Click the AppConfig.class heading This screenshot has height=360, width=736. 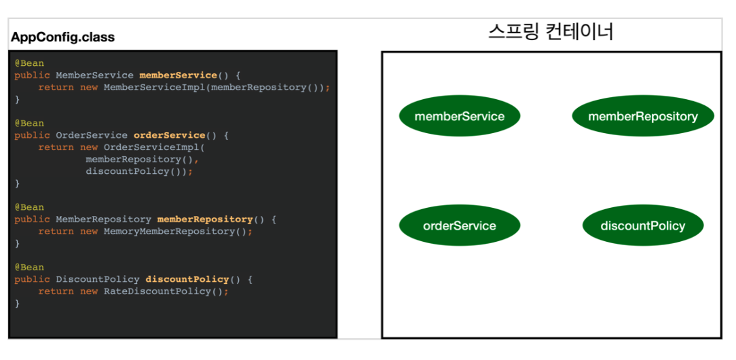(62, 37)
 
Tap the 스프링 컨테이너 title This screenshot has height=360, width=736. (551, 32)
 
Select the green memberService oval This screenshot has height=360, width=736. (459, 116)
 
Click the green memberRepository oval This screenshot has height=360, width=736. (642, 116)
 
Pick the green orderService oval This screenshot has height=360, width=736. (459, 226)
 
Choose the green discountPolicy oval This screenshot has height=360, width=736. (642, 226)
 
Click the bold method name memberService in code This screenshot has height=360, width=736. (178, 75)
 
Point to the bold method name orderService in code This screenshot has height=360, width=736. (169, 135)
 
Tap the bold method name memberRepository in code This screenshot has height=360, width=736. (204, 219)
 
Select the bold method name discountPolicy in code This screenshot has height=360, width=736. (187, 279)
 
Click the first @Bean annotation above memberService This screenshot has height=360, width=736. (29, 63)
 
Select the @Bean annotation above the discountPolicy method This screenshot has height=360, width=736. (29, 267)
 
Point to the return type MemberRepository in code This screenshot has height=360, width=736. (103, 219)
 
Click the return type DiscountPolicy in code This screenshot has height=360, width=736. (97, 279)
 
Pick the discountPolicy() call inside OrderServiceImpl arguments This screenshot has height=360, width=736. (136, 171)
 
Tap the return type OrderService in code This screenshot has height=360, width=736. (91, 135)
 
